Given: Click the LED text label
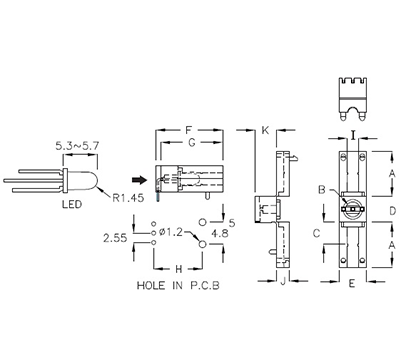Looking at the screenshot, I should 72,208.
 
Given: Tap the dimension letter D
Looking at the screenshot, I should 393,210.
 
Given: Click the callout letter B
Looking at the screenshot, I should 320,189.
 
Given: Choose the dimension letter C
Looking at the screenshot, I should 315,232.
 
